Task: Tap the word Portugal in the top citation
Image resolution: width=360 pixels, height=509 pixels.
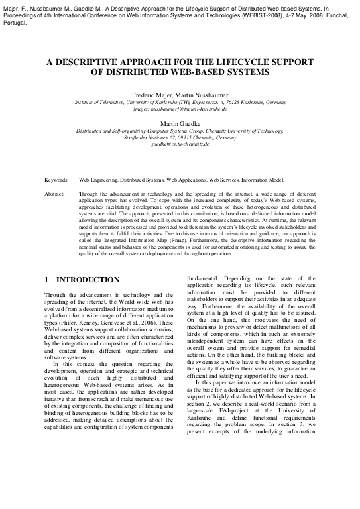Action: [14, 21]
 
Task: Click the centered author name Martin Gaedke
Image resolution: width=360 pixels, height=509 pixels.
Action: [180, 124]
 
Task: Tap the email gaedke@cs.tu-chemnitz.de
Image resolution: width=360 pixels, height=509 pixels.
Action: [180, 144]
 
